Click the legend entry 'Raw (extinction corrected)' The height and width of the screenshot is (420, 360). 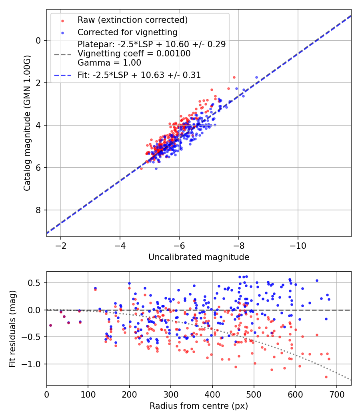(x=132, y=20)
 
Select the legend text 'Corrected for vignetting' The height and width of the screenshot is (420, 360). (x=128, y=32)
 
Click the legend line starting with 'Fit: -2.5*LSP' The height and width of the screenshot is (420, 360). (x=139, y=75)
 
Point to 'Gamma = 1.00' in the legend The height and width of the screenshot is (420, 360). (x=109, y=63)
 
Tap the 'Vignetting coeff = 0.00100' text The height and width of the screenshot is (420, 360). (x=134, y=54)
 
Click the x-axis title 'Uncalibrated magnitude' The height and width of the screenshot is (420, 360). (x=199, y=257)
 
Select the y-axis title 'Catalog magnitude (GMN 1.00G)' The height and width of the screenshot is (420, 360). (x=27, y=123)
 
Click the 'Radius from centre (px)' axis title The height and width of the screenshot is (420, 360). (x=199, y=406)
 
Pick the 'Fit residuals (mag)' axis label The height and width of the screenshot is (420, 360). (x=12, y=329)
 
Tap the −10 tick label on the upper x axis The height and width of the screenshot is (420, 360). (x=298, y=246)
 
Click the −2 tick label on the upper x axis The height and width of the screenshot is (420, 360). (x=61, y=246)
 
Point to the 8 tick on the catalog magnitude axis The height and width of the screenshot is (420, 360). (x=38, y=210)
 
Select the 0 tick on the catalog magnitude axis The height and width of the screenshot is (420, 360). (x=38, y=40)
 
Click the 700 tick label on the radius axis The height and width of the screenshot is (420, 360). (x=336, y=394)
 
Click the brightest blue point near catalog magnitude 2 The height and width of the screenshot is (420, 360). (x=257, y=78)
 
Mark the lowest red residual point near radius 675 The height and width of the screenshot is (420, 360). (x=326, y=377)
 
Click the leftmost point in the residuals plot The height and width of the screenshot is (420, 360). (x=51, y=325)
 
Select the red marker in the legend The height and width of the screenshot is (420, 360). (x=63, y=21)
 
